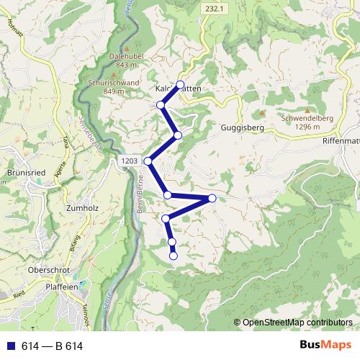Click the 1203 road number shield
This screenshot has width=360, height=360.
pos(130,161)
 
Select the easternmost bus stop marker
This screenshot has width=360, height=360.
pos(212,198)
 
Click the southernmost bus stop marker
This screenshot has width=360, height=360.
pos(174,256)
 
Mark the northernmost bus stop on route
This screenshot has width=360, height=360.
pos(180,85)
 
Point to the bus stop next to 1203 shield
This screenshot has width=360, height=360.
pos(148,161)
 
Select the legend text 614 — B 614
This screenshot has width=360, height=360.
pos(53,346)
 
